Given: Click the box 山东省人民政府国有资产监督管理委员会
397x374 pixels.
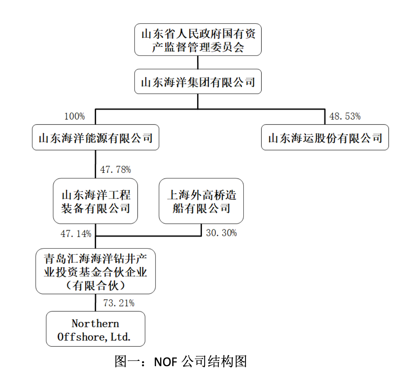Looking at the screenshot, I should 198,40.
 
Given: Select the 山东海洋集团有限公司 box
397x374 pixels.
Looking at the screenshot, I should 198,82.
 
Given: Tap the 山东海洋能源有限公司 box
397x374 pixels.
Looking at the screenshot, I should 95,137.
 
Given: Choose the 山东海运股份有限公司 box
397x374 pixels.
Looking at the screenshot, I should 325,137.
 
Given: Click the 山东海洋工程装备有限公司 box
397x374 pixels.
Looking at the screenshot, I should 95,201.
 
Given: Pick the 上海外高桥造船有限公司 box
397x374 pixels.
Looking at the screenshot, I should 201,201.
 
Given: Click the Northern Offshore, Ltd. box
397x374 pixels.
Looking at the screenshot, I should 95,329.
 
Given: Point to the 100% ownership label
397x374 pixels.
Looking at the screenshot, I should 74,116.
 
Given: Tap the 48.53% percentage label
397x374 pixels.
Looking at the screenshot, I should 345,116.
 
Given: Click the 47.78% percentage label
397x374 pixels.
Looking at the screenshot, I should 115,170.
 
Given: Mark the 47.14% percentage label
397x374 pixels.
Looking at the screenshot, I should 76,234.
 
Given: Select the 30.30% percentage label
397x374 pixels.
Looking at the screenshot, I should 221,233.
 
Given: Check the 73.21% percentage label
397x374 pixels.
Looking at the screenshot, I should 119,303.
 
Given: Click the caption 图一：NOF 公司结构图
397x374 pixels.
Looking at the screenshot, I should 181,361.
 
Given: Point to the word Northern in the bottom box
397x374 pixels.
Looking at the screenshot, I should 95,323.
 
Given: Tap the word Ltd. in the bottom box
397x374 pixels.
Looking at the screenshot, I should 120,337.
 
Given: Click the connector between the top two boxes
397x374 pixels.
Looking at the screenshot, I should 198,62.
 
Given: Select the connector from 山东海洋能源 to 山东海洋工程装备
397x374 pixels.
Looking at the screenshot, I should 95,164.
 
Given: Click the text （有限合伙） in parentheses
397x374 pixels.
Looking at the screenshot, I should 95,285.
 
